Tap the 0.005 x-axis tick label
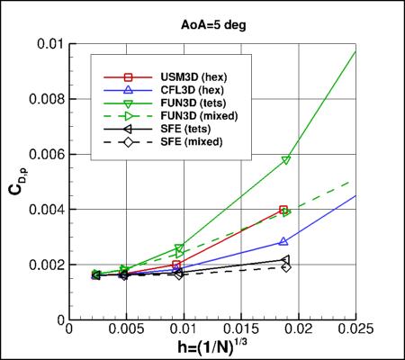pos(126,331)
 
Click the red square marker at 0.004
pos(284,210)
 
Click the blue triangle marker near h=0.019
pos(284,241)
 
